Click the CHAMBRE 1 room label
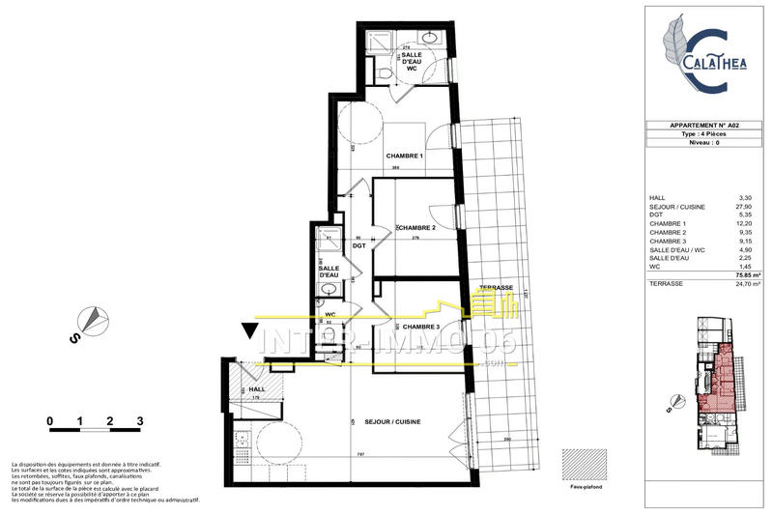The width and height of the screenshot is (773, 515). tap(406, 157)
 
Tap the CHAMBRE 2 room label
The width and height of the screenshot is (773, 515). tap(416, 228)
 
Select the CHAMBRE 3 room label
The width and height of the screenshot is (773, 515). tap(421, 327)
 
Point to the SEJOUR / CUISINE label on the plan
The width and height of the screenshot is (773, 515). tap(392, 422)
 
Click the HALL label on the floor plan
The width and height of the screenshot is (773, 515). tap(257, 388)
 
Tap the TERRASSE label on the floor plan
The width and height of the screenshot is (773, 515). tap(495, 289)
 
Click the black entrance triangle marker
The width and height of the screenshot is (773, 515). tap(250, 334)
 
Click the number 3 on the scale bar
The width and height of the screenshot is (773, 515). tap(140, 421)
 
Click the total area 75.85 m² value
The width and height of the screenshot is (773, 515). tap(742, 276)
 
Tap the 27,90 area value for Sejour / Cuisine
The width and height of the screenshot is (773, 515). tap(743, 206)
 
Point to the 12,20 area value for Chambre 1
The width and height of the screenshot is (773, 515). tap(743, 224)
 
